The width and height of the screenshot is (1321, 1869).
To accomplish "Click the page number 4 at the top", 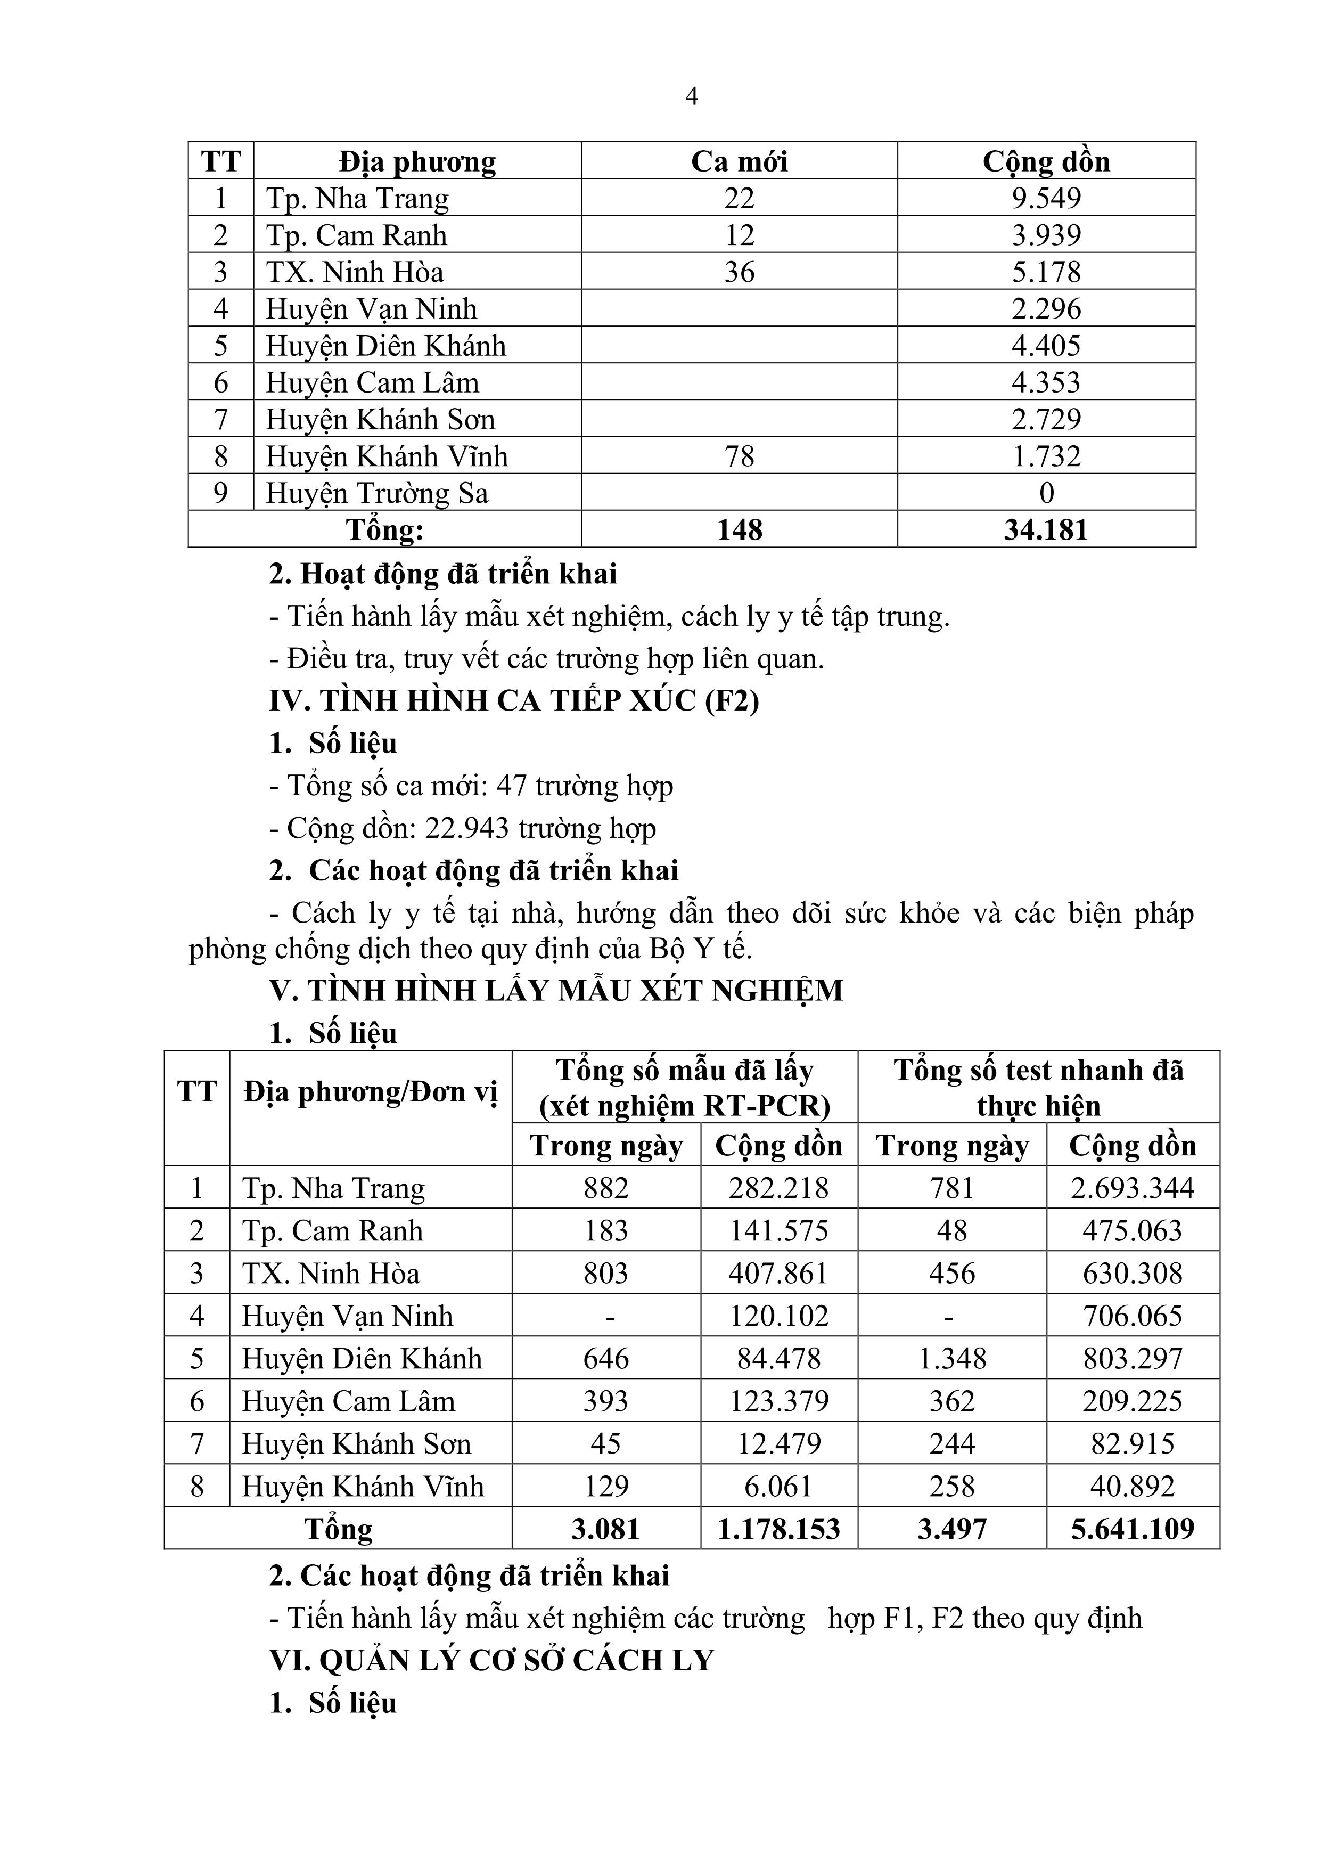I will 691,97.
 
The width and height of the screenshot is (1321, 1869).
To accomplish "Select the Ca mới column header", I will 739,161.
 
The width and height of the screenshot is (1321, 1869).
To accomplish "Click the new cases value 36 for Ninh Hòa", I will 739,272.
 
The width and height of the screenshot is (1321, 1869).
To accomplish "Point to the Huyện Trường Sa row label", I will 377,493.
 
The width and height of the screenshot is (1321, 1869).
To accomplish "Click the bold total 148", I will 739,530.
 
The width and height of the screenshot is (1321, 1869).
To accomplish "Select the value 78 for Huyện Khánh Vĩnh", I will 739,456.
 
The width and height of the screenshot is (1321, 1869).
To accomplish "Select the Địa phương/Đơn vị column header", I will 371,1091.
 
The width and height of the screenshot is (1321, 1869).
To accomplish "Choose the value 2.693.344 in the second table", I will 1132,1188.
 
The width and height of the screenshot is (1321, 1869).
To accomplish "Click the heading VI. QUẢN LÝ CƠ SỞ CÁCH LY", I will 491,1661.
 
